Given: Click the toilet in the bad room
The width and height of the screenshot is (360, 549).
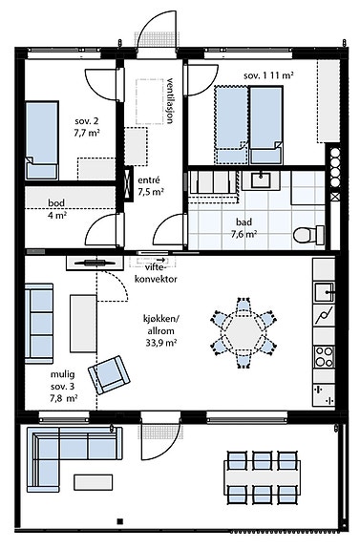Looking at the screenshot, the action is tap(308, 235).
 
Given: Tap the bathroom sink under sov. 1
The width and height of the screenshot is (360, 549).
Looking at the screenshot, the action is tap(261, 179).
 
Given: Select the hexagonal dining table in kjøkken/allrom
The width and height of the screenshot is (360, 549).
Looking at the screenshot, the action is tap(244, 333).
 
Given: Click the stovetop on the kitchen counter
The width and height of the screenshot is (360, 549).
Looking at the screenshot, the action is tap(324, 356).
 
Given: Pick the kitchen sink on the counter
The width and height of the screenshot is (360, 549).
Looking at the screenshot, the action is tap(325, 292).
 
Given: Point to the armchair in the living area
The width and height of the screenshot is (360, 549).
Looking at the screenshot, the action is tap(109, 374).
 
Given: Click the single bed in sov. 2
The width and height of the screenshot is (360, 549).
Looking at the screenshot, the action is tap(41, 140).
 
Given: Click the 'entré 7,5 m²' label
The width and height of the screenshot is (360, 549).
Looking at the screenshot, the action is tap(151, 186).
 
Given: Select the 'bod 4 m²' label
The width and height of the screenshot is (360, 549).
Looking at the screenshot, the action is tap(57, 209).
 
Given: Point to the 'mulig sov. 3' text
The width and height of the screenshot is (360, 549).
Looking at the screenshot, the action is tap(63, 381).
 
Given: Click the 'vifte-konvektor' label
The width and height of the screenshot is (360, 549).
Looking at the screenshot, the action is tap(156, 273).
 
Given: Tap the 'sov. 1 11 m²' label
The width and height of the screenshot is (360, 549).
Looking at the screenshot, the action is tap(268, 75).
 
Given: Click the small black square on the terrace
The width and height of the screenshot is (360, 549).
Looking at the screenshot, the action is tap(119, 521).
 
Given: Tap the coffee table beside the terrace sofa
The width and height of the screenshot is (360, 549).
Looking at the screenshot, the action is tap(94, 482).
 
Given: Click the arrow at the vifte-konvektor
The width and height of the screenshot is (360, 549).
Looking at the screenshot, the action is tap(161, 260).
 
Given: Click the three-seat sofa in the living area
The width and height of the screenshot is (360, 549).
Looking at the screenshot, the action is tap(39, 324).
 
